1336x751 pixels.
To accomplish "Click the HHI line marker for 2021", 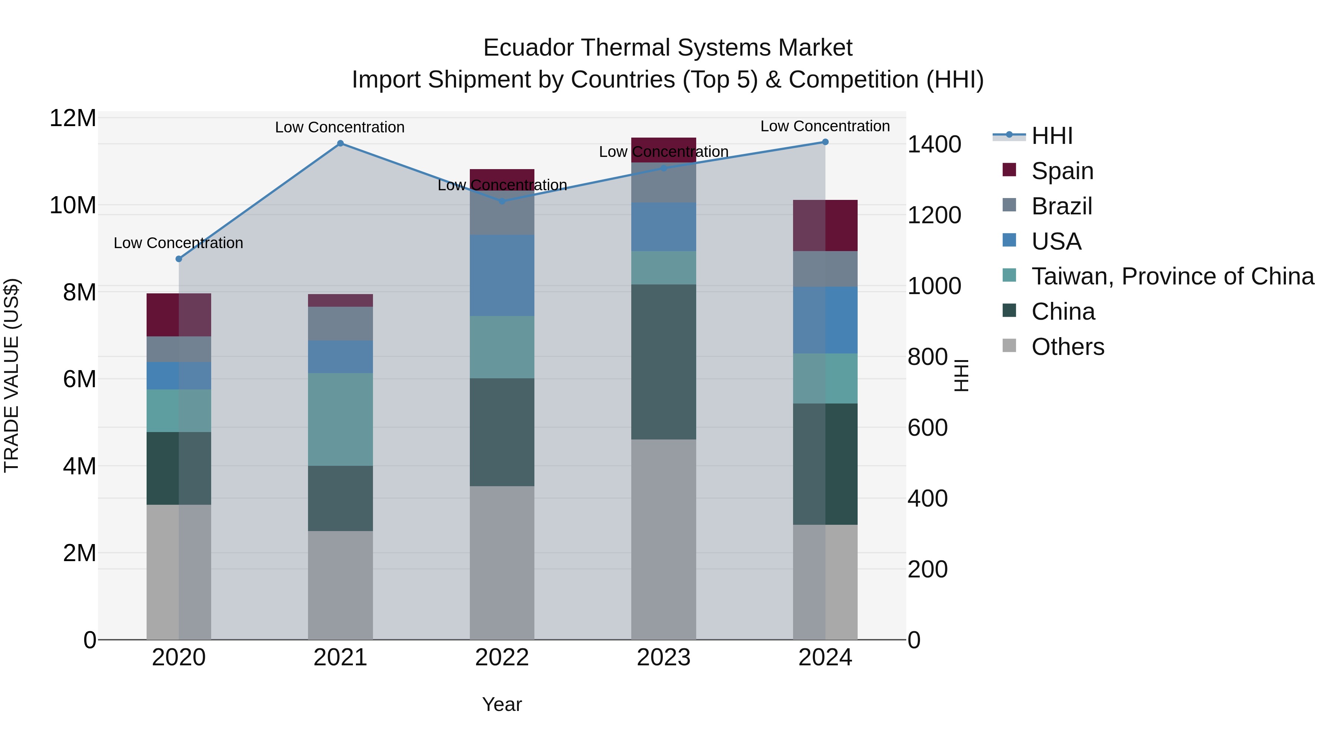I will (x=340, y=144).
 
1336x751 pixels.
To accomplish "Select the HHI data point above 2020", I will (x=179, y=258).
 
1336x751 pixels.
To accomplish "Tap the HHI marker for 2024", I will (x=825, y=142).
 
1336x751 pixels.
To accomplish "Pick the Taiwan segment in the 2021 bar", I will (x=340, y=419).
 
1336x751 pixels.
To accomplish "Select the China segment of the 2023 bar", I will (x=663, y=362).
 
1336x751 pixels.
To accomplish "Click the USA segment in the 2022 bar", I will (x=501, y=275).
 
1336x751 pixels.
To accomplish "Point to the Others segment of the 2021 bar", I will (x=340, y=585).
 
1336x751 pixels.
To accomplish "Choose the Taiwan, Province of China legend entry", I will (x=1172, y=276).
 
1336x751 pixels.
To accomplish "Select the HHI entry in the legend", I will (x=1052, y=136).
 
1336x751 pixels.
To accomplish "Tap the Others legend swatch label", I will (x=1067, y=347).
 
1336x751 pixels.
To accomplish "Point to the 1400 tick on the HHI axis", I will (x=934, y=144).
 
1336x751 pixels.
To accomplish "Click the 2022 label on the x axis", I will (x=501, y=658).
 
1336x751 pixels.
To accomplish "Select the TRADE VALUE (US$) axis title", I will (x=12, y=375).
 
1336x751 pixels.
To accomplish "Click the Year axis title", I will (x=501, y=704).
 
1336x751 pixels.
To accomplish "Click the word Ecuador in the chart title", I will (x=524, y=48).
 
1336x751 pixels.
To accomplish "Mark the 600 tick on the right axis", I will (x=927, y=428).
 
